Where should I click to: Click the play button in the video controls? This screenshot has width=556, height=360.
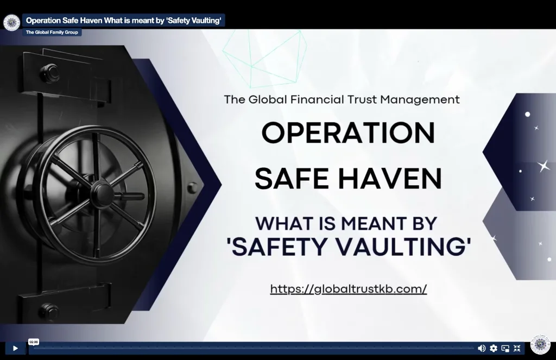click(x=15, y=348)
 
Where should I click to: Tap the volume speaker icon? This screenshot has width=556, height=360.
click(x=482, y=348)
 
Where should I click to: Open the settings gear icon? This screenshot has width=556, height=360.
click(x=494, y=348)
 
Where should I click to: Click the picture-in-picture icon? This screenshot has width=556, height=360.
click(x=506, y=348)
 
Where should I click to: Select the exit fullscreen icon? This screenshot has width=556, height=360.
click(x=517, y=348)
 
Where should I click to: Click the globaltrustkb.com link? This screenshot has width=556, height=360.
click(x=349, y=289)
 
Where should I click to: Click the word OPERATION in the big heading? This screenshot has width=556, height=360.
click(x=348, y=132)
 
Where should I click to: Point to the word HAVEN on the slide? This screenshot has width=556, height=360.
click(x=390, y=179)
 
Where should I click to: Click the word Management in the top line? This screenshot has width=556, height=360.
click(x=420, y=100)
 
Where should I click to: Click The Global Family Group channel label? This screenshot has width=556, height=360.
click(x=52, y=32)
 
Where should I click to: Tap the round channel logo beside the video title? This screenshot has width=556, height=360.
click(x=12, y=23)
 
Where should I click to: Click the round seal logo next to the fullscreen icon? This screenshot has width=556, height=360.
click(x=540, y=344)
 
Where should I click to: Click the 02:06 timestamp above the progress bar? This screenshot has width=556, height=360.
click(x=34, y=342)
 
